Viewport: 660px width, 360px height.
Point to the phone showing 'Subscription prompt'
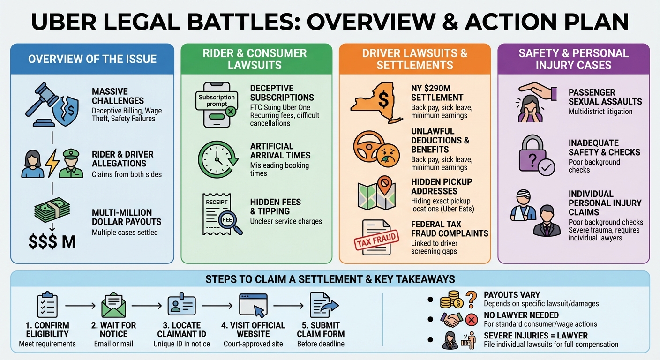216,104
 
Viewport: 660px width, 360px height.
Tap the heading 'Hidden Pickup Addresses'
441,186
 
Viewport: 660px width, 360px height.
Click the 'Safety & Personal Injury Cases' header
573,59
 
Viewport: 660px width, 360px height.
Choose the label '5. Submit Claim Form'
321,330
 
